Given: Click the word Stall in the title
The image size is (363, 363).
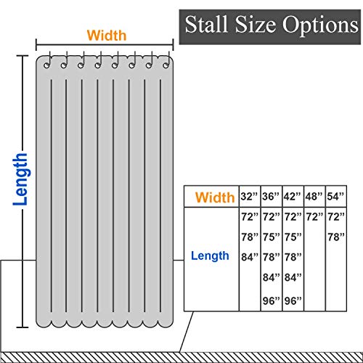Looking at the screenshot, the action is pyautogui.click(x=206, y=24).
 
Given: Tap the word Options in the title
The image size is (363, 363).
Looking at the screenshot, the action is pyautogui.click(x=320, y=25).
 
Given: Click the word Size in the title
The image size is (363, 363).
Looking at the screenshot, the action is pyautogui.click(x=256, y=24).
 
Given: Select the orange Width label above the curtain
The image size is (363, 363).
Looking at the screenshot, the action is pyautogui.click(x=107, y=36).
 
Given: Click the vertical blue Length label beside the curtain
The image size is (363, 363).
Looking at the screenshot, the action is pyautogui.click(x=20, y=179).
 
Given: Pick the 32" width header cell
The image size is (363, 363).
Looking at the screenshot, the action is pyautogui.click(x=250, y=196).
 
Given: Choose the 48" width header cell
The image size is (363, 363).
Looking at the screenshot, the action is pyautogui.click(x=314, y=196).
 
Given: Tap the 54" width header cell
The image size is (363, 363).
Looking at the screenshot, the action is pyautogui.click(x=336, y=196).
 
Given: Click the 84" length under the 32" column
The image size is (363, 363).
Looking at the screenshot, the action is pyautogui.click(x=250, y=257).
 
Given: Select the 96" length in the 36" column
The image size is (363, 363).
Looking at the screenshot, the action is pyautogui.click(x=272, y=301).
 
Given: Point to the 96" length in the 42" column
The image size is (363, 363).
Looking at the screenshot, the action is pyautogui.click(x=293, y=301).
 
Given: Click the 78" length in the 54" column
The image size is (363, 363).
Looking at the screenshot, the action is pyautogui.click(x=336, y=237).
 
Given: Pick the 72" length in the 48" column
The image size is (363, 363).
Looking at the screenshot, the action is pyautogui.click(x=314, y=217).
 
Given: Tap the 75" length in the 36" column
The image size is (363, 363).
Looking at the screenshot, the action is pyautogui.click(x=272, y=237).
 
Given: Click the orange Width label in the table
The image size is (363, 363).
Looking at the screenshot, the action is pyautogui.click(x=215, y=197).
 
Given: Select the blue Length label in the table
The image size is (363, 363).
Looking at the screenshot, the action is pyautogui.click(x=210, y=256).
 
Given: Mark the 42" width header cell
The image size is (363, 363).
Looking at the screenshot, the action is pyautogui.click(x=293, y=196).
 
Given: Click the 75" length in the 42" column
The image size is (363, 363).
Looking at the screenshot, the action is pyautogui.click(x=293, y=237).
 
